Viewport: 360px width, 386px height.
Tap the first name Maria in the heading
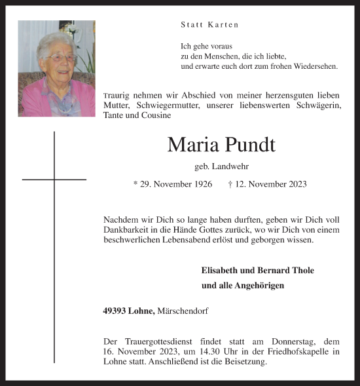[191, 144]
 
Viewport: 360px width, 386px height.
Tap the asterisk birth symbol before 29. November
[135, 184]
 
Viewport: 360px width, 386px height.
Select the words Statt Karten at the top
[209, 25]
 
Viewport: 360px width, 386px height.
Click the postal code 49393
[116, 311]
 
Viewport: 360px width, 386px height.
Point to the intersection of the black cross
[54, 179]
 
